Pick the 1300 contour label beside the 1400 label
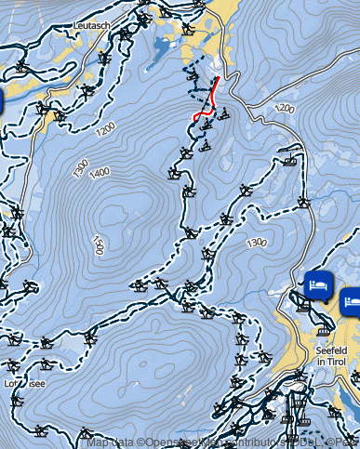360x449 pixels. click(80, 168)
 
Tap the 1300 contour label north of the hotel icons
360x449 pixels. click(257, 243)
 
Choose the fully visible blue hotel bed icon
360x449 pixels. click(317, 283)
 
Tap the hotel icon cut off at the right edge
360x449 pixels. click(352, 299)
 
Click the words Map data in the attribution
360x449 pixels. click(110, 442)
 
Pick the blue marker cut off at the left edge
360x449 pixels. click(2, 99)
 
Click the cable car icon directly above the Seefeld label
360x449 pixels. click(324, 330)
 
